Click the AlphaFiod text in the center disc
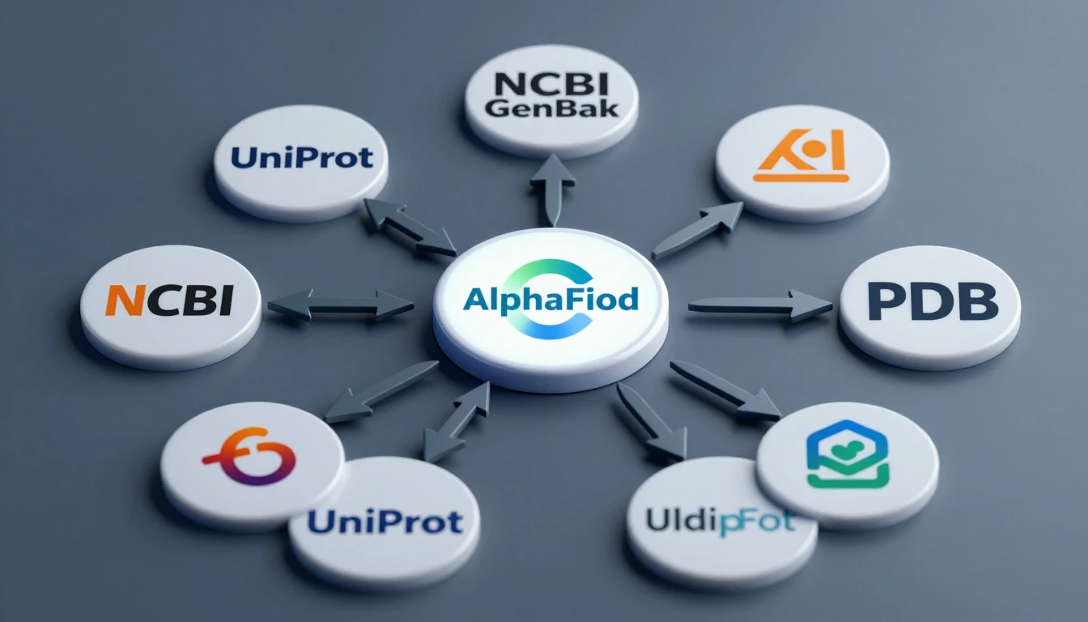tap(550, 300)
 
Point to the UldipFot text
tap(720, 520)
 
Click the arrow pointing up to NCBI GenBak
tap(553, 188)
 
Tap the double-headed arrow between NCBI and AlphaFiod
tap(341, 305)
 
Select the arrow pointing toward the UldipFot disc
tap(652, 421)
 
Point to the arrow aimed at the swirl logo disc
tap(380, 391)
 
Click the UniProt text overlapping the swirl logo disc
tap(385, 521)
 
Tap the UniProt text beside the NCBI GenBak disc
tap(302, 156)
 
